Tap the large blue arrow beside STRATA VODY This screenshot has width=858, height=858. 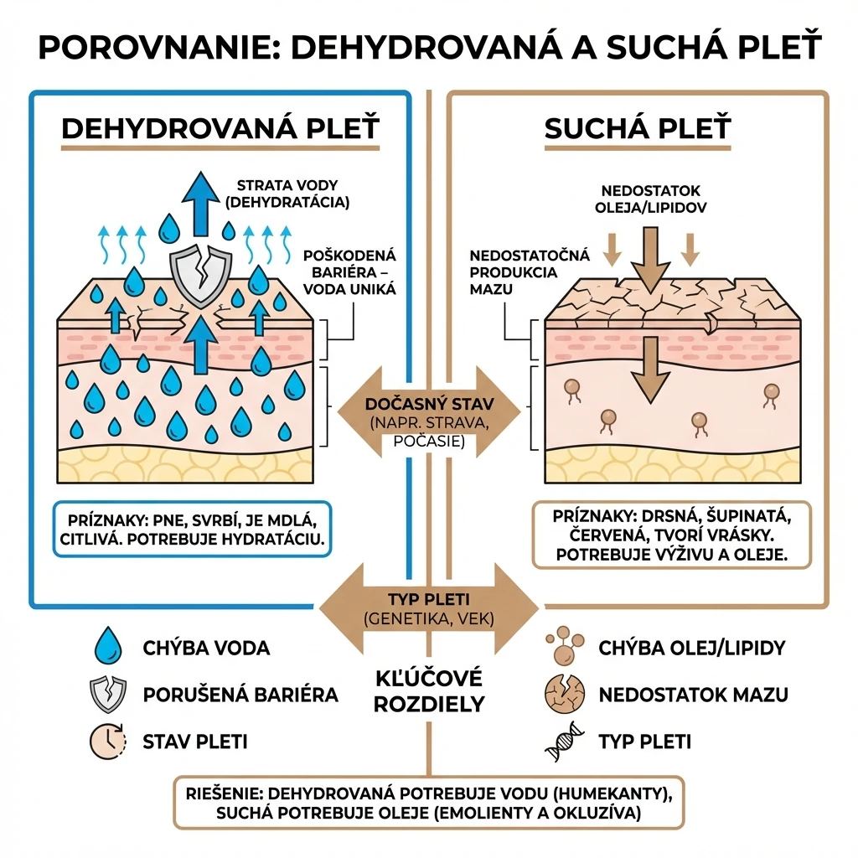[x=200, y=204]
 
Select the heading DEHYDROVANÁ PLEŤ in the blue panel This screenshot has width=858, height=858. [x=220, y=128]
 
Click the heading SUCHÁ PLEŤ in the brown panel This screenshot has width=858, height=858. [x=638, y=128]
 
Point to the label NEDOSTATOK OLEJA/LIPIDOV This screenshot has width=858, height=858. [x=650, y=199]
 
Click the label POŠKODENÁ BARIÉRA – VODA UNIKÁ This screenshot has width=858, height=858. [x=349, y=272]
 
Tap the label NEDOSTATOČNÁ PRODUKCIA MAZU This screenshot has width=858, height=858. [x=530, y=272]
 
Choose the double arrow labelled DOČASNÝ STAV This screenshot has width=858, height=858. [x=429, y=411]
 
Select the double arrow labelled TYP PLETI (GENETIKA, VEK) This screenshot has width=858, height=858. [x=429, y=608]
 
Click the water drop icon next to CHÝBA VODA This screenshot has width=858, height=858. [x=108, y=646]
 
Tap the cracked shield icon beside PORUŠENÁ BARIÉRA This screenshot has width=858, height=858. [x=108, y=695]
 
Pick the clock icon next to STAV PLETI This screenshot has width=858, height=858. [x=108, y=742]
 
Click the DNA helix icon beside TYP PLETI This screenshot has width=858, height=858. [x=565, y=742]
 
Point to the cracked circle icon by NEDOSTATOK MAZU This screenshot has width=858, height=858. [x=565, y=695]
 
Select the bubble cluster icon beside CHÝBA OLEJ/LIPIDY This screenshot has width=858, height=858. [x=565, y=645]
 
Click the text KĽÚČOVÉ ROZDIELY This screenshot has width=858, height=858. [x=429, y=691]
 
